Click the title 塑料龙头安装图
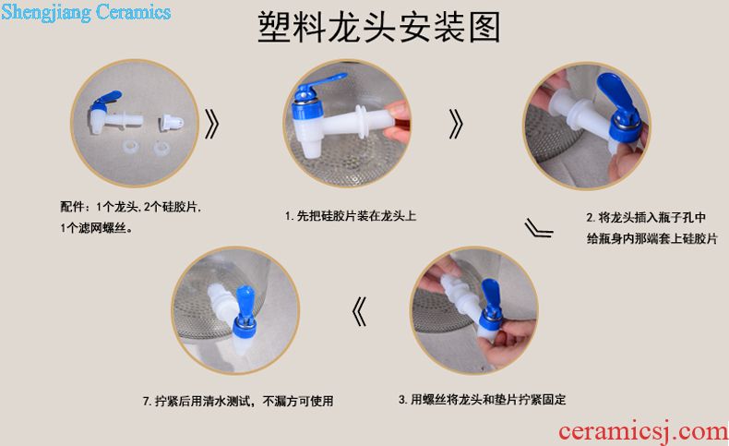[379, 28]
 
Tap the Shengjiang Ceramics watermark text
[86, 13]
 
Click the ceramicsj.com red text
[643, 431]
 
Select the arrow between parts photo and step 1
[212, 124]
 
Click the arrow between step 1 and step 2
[456, 124]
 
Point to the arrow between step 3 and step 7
[359, 311]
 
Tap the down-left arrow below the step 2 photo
[538, 228]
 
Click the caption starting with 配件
[131, 217]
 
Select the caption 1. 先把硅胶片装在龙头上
[351, 216]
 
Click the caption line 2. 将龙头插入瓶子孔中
[646, 217]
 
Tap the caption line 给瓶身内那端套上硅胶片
[651, 238]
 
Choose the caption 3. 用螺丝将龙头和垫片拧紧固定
[482, 400]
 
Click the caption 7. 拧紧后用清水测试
[238, 401]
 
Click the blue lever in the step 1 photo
[320, 82]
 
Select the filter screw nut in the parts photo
[171, 123]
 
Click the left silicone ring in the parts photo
[130, 148]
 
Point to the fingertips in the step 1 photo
[398, 122]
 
